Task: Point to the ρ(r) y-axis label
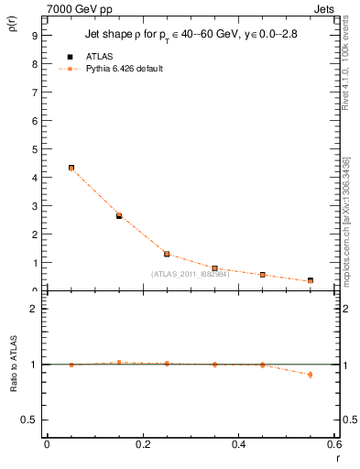[13, 35]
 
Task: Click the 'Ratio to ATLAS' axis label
[13, 388]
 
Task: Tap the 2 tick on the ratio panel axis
[34, 309]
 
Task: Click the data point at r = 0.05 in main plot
[71, 169]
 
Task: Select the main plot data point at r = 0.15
[119, 216]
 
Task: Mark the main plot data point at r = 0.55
[311, 281]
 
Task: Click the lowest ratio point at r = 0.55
[311, 374]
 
